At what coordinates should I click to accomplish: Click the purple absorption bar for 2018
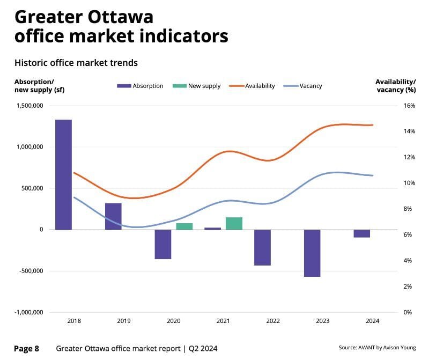click(x=63, y=174)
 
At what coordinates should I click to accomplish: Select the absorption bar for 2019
click(x=113, y=216)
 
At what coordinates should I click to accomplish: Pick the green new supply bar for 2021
click(x=234, y=223)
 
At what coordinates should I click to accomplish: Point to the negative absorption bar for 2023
click(x=312, y=253)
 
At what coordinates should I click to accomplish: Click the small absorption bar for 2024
click(x=362, y=233)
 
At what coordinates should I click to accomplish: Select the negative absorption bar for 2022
click(x=262, y=247)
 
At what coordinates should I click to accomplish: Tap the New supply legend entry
click(x=196, y=86)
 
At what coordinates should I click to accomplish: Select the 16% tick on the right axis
click(x=409, y=106)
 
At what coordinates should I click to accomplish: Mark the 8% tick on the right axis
click(x=409, y=209)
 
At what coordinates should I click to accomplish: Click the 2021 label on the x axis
click(x=223, y=321)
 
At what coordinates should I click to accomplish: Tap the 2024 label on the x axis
click(x=372, y=321)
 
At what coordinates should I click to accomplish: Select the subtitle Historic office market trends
click(x=76, y=63)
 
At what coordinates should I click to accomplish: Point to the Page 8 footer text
click(x=26, y=349)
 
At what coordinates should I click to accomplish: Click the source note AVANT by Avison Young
click(x=377, y=348)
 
